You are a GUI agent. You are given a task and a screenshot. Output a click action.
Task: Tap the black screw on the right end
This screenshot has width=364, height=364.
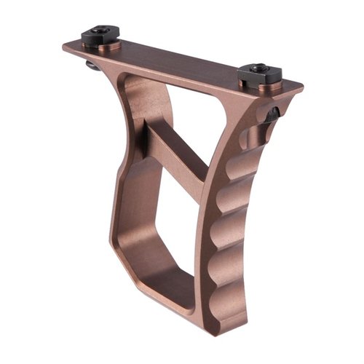[x=258, y=72]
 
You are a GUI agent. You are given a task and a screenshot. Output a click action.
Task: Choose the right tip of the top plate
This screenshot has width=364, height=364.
[x=298, y=89]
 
